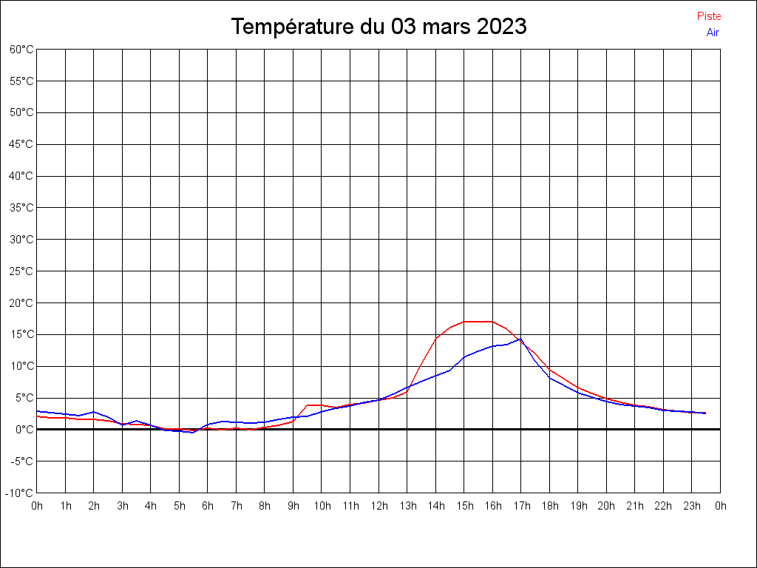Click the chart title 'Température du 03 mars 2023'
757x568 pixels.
[378, 27]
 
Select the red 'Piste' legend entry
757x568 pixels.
[708, 16]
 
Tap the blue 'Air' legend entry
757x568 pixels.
[713, 33]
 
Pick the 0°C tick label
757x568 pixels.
[24, 429]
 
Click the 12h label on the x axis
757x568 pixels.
[378, 506]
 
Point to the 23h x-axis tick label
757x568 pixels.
[692, 506]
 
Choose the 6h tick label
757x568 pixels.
[208, 506]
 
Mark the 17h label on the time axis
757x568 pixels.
[521, 506]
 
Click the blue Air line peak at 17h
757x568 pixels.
[520, 339]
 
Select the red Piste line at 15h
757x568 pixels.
[464, 322]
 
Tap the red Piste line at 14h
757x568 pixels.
[435, 338]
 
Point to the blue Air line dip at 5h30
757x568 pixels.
[193, 432]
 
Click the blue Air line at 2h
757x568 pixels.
[94, 412]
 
